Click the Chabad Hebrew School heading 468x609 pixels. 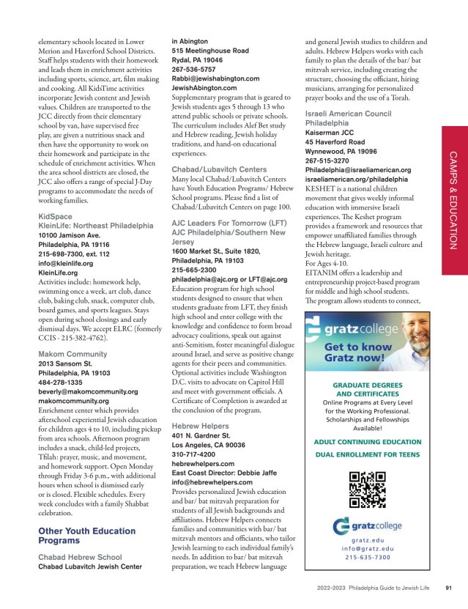81,558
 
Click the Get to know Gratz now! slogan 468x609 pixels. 354,353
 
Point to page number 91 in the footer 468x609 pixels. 448,587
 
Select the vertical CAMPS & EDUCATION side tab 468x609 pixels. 453,198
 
